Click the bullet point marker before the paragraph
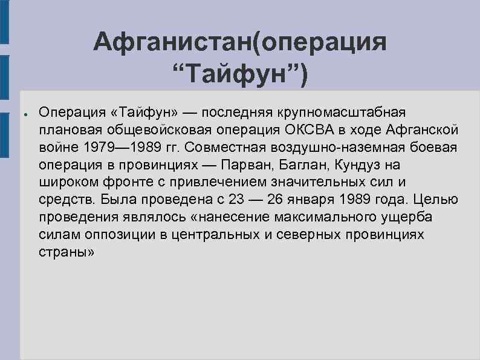pyautogui.click(x=22, y=113)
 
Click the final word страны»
pyautogui.click(x=66, y=252)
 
